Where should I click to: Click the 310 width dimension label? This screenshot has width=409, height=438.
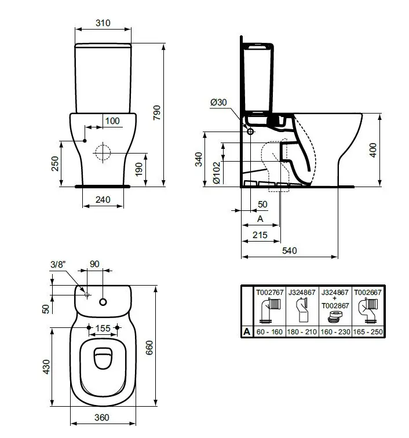[x=103, y=23]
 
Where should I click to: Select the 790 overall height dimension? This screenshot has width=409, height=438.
[x=157, y=113]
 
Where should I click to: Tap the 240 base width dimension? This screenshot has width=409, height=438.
[x=103, y=200]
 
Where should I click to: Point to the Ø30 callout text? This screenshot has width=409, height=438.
[x=218, y=102]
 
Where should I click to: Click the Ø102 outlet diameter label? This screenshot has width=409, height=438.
[x=217, y=173]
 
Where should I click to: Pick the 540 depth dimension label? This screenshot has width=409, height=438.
[x=290, y=250]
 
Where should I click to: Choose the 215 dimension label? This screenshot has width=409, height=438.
[x=260, y=235]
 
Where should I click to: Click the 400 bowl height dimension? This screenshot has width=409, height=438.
[x=373, y=150]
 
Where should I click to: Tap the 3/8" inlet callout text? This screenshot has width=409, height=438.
[x=58, y=264]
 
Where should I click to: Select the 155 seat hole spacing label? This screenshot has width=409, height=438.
[x=103, y=329]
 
